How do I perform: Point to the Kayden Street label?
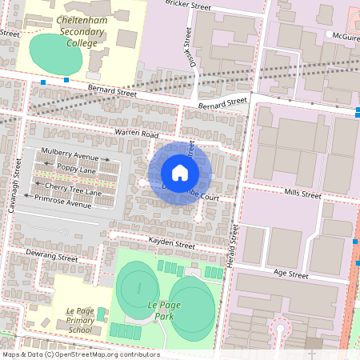click(173, 242)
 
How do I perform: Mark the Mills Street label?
click(302, 194)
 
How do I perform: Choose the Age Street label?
click(290, 274)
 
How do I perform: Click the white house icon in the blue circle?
click(180, 173)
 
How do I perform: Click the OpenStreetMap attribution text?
click(80, 354)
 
